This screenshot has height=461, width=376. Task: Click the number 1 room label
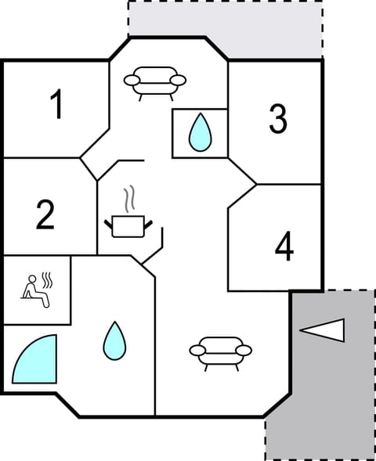coord(56,105)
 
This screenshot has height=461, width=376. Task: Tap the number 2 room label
coord(45,214)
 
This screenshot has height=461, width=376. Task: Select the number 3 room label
coord(277,118)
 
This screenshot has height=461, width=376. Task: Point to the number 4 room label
coord(284,247)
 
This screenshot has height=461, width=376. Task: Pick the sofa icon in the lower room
coord(220,351)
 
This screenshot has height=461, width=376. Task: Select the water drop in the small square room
coord(201,133)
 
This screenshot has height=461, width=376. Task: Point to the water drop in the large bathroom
coord(114,341)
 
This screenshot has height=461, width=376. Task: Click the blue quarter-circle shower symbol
coord(35,359)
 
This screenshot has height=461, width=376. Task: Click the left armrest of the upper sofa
coord(130,79)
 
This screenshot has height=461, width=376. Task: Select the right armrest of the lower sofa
coord(244,350)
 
